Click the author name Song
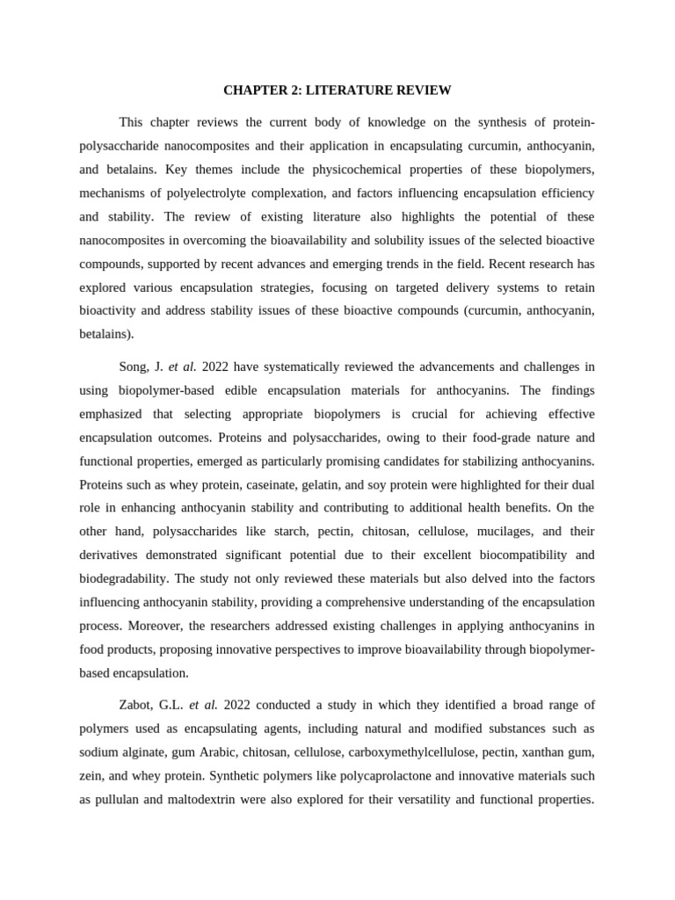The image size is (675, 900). tap(134, 366)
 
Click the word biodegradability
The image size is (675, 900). tap(124, 579)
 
